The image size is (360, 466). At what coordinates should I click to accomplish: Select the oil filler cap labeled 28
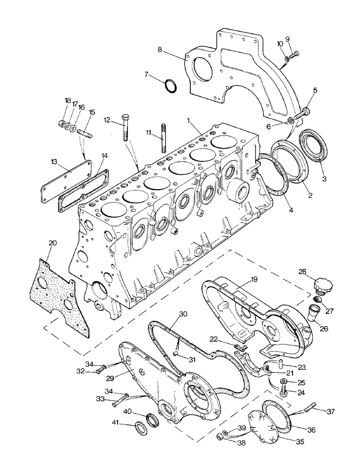(322, 285)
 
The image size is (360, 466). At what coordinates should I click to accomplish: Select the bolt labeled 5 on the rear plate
(305, 112)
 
